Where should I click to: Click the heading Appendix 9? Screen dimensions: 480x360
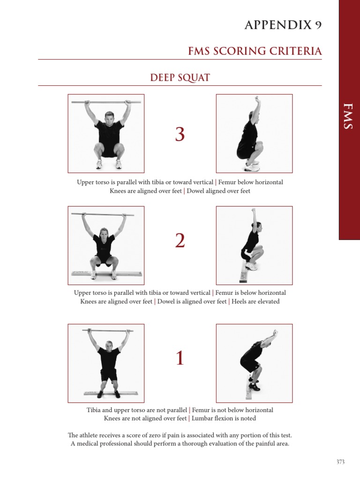click(283, 25)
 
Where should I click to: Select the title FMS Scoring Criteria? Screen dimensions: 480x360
click(255, 51)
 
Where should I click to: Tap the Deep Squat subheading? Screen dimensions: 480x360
click(180, 77)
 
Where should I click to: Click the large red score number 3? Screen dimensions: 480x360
click(180, 135)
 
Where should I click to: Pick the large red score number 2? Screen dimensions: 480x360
click(180, 241)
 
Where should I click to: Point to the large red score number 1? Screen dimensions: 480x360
click(180, 359)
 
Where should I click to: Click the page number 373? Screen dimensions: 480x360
click(340, 462)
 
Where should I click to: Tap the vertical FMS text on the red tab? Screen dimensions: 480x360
click(349, 117)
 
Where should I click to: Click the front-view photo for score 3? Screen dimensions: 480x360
click(106, 133)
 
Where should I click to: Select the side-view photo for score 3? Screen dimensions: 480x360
click(254, 133)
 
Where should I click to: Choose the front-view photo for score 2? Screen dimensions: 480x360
click(106, 245)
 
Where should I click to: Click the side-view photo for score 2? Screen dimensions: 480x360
click(254, 245)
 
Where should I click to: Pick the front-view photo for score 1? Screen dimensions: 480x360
click(106, 363)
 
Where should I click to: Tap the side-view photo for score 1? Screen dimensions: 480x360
click(254, 363)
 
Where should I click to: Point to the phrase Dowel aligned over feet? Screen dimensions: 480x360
click(218, 191)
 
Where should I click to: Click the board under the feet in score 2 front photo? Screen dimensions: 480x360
click(106, 273)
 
